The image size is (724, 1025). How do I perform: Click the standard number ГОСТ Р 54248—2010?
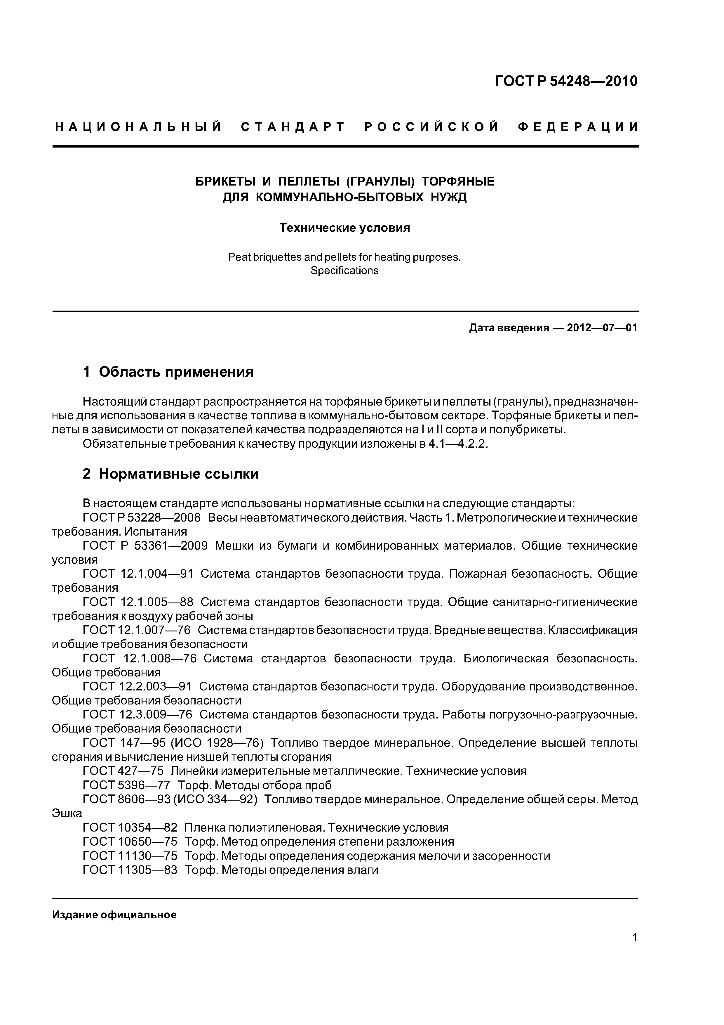tap(566, 81)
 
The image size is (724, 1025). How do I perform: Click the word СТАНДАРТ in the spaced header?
tap(293, 127)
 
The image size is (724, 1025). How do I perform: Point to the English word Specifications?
tap(344, 271)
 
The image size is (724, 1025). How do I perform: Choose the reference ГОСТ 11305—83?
tap(130, 870)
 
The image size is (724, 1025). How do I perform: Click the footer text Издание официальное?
tap(114, 915)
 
